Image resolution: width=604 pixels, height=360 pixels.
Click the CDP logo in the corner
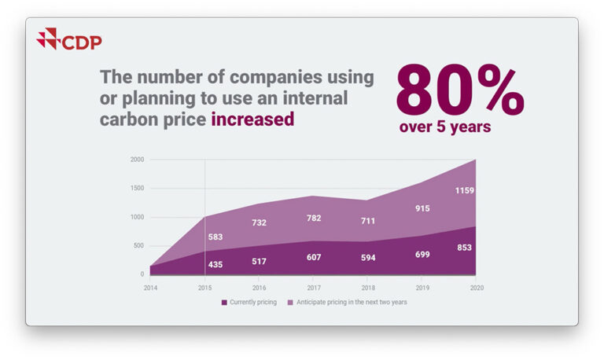[69, 39]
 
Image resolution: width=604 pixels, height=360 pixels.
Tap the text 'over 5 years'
[444, 127]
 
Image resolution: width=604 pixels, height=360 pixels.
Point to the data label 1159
[464, 191]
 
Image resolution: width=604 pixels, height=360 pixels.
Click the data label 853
[464, 248]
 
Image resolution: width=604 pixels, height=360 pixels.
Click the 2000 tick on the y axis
[137, 160]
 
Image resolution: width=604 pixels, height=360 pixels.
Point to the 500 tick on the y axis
[138, 246]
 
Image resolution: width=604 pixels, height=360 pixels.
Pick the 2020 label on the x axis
[475, 288]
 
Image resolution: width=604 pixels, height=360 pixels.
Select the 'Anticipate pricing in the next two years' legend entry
[351, 302]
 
